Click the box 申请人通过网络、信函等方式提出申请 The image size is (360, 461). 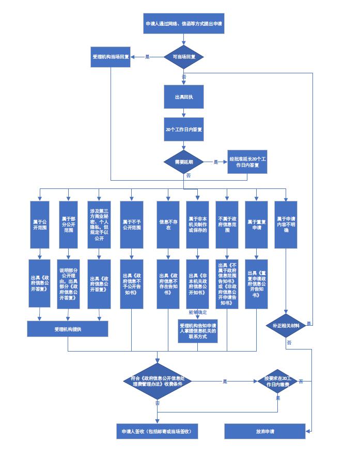pos(184,24)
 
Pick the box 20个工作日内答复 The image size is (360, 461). pos(184,130)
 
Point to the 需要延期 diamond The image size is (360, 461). pos(184,162)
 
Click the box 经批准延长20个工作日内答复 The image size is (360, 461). pos(248,162)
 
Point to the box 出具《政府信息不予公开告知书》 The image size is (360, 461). pos(132,283)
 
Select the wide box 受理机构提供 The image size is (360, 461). pos(68,328)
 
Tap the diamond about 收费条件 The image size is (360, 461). pos(158,381)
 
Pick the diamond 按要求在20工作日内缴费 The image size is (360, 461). pos(277,381)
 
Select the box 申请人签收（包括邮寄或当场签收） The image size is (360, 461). pos(157,431)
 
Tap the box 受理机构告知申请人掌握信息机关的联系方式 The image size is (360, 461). pos(197,330)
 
